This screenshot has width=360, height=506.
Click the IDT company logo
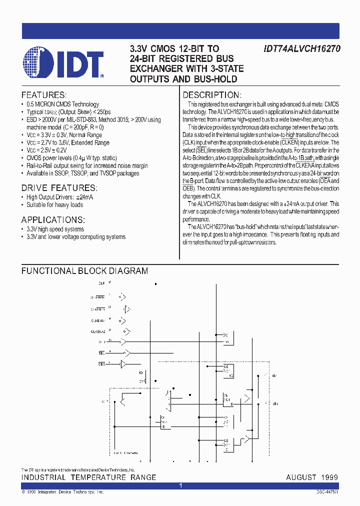click(62, 64)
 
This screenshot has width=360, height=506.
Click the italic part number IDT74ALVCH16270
click(301, 49)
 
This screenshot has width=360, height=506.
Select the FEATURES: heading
click(44, 95)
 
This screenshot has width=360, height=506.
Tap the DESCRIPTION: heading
click(212, 95)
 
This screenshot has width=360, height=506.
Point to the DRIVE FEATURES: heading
click(58, 187)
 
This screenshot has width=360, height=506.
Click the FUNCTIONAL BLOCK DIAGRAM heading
click(84, 271)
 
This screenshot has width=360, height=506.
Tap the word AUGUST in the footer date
click(301, 477)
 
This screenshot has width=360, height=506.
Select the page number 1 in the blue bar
click(180, 485)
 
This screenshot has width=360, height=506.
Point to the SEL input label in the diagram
click(101, 353)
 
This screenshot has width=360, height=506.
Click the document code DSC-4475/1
click(327, 492)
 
